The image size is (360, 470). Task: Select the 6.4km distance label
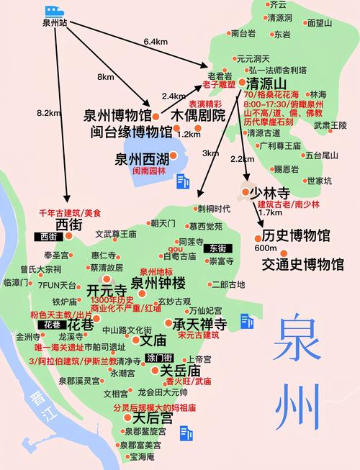pyautogui.click(x=155, y=42)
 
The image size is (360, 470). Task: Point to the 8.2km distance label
pyautogui.click(x=47, y=112)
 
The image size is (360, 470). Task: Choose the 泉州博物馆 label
pyautogui.click(x=117, y=116)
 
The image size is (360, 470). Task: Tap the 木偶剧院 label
pyautogui.click(x=197, y=115)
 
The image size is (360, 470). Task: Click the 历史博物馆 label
pyautogui.click(x=296, y=235)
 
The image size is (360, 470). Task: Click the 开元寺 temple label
pyautogui.click(x=107, y=289)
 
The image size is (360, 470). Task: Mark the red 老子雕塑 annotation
pyautogui.click(x=221, y=85)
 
